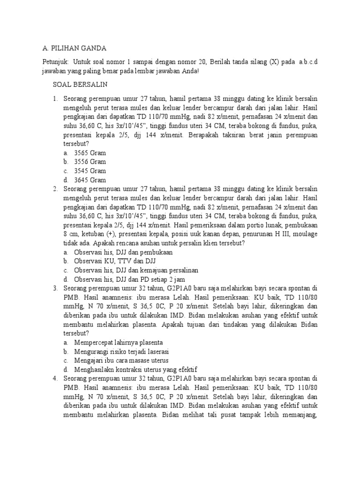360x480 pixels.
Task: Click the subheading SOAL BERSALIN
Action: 80,84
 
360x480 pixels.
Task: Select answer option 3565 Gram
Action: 90,153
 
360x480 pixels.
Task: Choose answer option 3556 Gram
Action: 90,162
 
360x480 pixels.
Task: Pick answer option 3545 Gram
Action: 90,171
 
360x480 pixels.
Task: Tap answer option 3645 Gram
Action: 90,180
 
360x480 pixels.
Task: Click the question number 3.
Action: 55,288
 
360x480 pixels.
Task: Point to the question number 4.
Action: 55,378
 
